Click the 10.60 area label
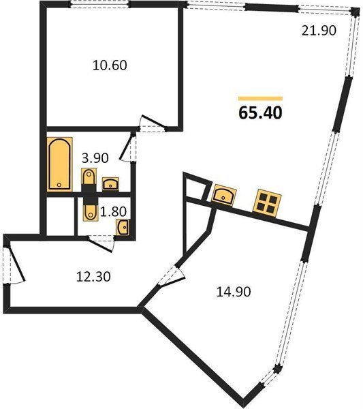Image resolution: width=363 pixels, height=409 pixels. coord(110,65)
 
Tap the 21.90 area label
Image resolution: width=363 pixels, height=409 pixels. coord(319,31)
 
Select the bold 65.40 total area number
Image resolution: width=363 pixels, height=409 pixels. coord(260,113)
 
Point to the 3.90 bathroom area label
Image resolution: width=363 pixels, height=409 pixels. coord(95,158)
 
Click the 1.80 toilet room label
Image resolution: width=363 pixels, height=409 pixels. coord(113,211)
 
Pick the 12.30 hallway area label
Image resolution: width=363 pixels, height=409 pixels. coord(93,277)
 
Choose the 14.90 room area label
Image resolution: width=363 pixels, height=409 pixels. coord(234,292)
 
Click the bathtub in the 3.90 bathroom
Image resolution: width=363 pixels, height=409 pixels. coord(59,164)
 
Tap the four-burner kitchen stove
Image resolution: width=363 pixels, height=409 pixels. coord(267,203)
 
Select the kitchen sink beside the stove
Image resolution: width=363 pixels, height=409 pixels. coord(224,194)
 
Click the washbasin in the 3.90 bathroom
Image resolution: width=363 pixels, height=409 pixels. coord(110,184)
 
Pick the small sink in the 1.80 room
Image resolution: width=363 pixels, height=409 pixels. coord(122,227)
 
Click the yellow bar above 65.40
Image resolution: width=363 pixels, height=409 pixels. coord(260,98)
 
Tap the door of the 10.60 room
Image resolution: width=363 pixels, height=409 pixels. coord(153,123)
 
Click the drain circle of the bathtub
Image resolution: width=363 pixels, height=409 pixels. coord(59,185)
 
